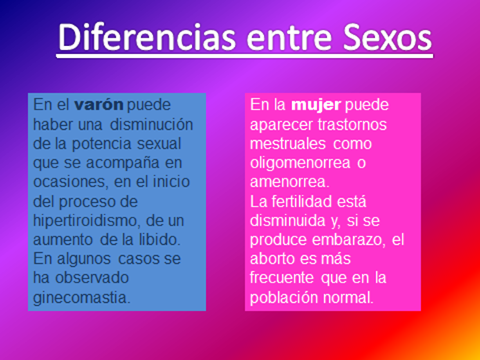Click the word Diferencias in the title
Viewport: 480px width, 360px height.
147,37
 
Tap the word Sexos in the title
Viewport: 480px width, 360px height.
388,37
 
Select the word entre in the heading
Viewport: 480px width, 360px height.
289,38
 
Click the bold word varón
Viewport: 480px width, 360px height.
99,105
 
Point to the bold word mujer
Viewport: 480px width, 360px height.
316,105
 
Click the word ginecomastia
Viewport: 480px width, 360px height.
81,297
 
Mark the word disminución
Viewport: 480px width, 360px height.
151,124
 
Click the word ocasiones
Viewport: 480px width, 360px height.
70,182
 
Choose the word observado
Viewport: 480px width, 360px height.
92,278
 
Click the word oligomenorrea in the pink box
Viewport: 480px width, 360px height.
300,164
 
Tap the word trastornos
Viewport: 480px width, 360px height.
352,124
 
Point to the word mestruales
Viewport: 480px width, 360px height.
287,144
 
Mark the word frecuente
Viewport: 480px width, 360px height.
282,278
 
